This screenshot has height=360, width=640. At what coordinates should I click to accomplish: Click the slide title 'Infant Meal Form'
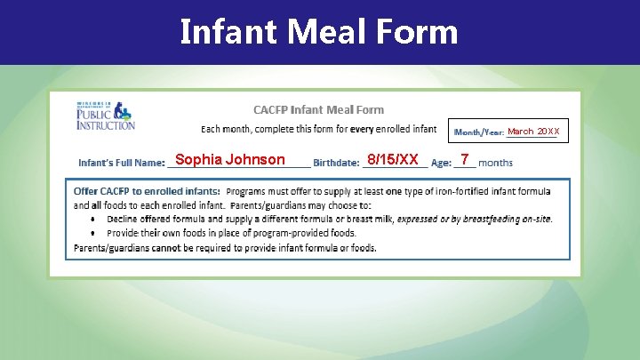(x=319, y=32)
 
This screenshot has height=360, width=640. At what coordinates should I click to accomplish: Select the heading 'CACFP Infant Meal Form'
(x=318, y=110)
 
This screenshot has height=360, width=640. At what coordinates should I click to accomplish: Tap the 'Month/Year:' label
(x=478, y=132)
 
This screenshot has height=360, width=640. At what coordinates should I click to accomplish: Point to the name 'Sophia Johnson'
(x=230, y=160)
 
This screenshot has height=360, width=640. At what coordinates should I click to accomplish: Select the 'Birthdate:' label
(x=337, y=164)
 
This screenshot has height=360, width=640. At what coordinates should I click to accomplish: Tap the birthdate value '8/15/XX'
(x=392, y=160)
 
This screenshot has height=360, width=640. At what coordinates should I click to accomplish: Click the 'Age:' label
(x=441, y=164)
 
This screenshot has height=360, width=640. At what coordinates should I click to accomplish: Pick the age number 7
(x=465, y=160)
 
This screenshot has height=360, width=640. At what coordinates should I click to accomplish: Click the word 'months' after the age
(x=496, y=164)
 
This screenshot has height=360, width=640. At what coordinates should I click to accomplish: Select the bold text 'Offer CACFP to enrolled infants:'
(x=147, y=191)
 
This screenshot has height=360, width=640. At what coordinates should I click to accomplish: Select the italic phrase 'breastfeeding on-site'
(x=506, y=219)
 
